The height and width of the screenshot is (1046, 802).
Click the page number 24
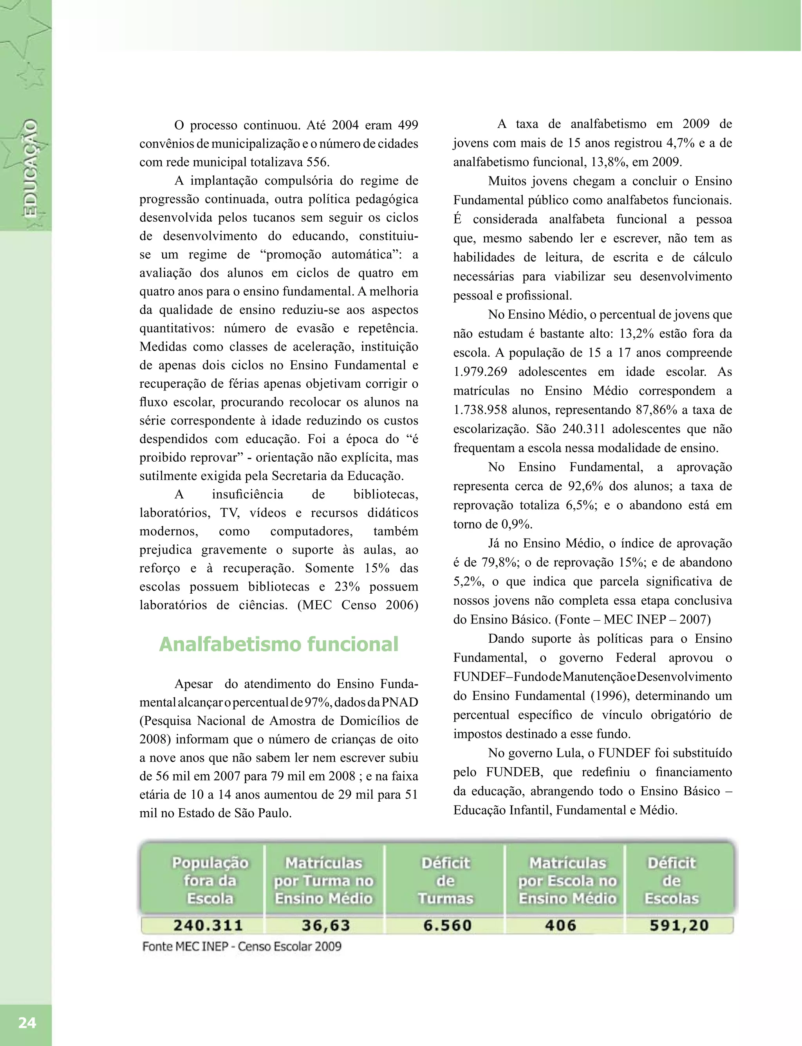pos(27,1022)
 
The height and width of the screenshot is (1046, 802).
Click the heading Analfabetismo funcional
pos(278,644)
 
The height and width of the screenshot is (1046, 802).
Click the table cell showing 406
pos(560,925)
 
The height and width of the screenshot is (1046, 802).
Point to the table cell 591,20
pos(678,925)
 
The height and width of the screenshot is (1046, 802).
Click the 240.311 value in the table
pos(208,925)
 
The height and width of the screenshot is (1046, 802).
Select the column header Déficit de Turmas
pos(445,881)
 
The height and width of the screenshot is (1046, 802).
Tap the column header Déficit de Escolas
pos(671,881)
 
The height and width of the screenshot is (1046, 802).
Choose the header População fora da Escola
pos(210,881)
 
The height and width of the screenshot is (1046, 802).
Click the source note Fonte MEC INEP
pos(242,947)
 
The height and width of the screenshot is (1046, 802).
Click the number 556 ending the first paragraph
pos(317,162)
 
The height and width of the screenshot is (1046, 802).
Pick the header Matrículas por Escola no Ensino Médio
pos(567,881)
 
